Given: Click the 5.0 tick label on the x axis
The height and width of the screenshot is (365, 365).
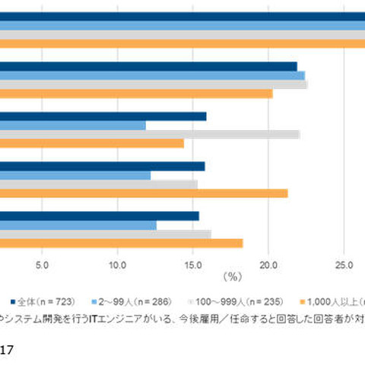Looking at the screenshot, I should pyautogui.click(x=42, y=264).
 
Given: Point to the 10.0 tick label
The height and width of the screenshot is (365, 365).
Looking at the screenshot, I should pyautogui.click(x=117, y=264).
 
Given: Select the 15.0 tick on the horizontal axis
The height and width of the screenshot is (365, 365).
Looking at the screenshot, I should pyautogui.click(x=192, y=264).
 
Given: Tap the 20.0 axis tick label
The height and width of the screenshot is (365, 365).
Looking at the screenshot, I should pyautogui.click(x=268, y=264).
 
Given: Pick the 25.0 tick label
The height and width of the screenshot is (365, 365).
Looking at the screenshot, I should pyautogui.click(x=344, y=264).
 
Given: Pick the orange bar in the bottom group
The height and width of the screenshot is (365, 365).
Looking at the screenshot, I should pyautogui.click(x=121, y=243).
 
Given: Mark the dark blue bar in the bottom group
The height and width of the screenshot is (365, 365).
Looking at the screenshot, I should pyautogui.click(x=99, y=216).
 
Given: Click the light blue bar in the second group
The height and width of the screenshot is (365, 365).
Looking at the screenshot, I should pyautogui.click(x=152, y=75).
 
